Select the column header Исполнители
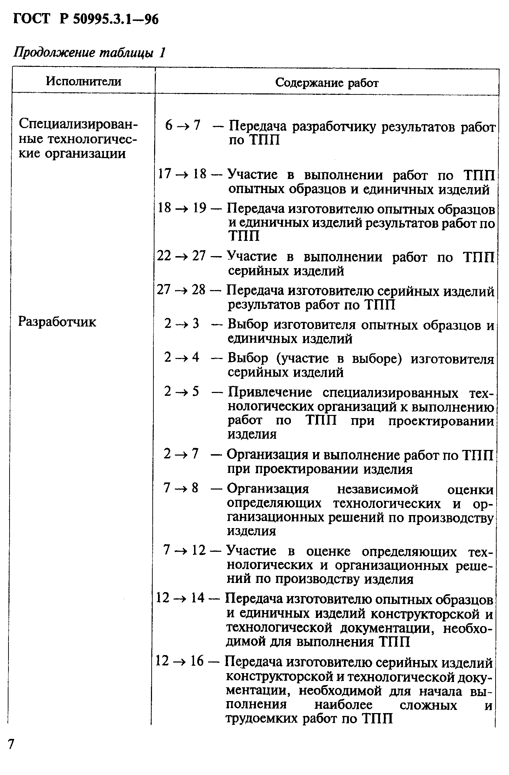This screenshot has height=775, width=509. click(x=83, y=82)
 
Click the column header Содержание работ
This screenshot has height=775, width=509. click(x=327, y=83)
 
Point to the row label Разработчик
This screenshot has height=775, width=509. click(x=57, y=322)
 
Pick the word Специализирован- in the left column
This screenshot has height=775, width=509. click(x=78, y=124)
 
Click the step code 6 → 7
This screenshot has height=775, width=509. click(x=182, y=125)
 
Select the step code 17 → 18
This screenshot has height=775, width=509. click(x=182, y=174)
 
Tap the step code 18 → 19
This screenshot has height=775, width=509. click(x=182, y=208)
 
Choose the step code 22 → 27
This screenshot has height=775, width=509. click(x=181, y=255)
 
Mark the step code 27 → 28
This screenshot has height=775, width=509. click(x=181, y=290)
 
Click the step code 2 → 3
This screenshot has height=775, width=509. click(x=182, y=323)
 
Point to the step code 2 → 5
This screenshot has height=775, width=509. click(x=182, y=392)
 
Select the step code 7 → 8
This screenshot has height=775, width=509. click(x=181, y=488)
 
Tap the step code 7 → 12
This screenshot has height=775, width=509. click(x=184, y=550)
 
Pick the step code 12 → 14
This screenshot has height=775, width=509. click(x=180, y=598)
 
